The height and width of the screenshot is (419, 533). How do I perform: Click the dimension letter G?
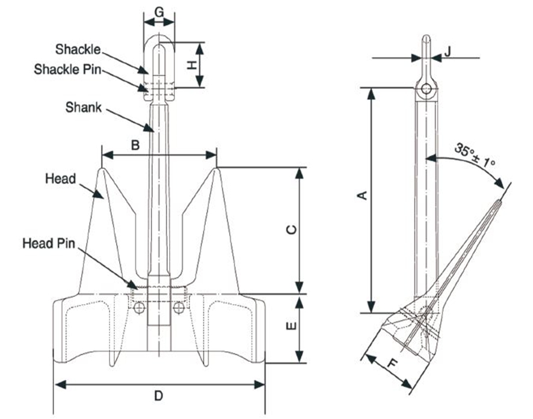tap(159, 11)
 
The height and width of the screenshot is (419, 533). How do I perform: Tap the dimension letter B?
tap(135, 145)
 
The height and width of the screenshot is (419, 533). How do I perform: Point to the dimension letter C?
tap(289, 230)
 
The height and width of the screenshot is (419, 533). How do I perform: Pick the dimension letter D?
tap(159, 396)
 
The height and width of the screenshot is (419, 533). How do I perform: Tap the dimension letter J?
tap(447, 54)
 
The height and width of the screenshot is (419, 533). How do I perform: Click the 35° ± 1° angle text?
tap(475, 155)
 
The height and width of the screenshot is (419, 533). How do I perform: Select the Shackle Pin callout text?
tap(67, 69)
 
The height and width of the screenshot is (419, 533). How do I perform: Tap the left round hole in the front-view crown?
tap(139, 308)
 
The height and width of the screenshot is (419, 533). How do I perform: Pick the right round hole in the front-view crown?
tap(178, 308)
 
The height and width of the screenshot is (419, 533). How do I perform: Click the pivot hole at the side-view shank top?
tap(426, 90)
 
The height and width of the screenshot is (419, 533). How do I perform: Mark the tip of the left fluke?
tap(103, 170)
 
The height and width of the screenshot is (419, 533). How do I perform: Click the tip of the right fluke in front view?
tap(216, 170)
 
